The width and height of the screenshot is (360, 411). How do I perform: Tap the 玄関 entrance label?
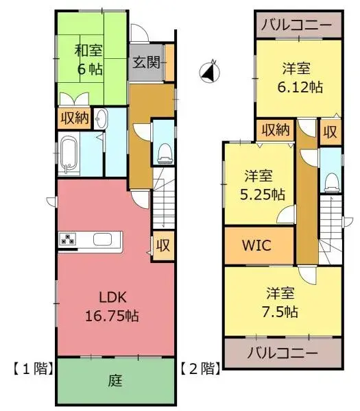pos(146,63)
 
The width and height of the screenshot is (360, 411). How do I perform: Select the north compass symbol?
pos(210,71)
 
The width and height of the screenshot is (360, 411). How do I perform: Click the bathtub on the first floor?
pos(69,155)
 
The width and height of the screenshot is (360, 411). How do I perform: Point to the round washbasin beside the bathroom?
pos(102,118)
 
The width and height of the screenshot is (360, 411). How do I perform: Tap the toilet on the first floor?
pos(164,152)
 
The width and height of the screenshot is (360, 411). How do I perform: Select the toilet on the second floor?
pos(331,179)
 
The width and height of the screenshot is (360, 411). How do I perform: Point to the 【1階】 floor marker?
pos(30,369)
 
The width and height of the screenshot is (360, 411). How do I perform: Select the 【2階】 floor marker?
pos(200,369)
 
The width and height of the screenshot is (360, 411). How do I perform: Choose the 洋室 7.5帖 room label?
pos(281,302)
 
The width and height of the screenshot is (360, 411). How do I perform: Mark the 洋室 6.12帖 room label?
pos(298,77)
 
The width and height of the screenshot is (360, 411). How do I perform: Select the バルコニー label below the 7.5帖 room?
pos(283,355)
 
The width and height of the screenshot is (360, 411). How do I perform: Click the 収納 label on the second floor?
pos(274,130)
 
